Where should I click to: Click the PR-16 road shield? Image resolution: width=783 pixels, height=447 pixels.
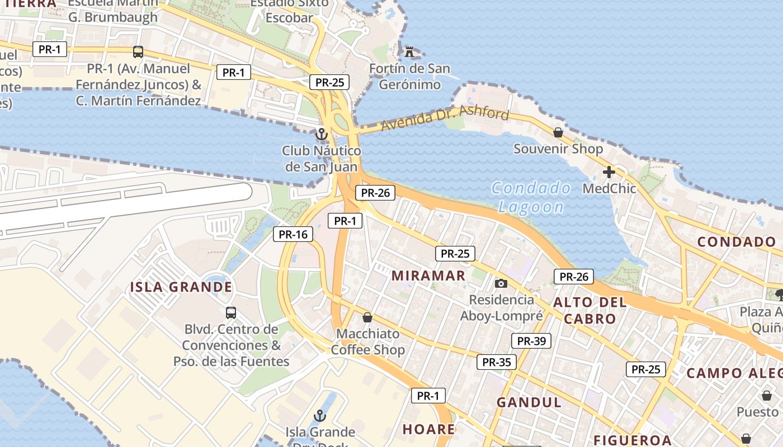[293, 235]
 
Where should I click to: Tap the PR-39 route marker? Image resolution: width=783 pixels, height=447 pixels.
[531, 341]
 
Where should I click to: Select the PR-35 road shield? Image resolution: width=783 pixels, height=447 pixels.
[497, 362]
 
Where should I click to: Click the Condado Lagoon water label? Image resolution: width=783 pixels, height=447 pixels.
[531, 197]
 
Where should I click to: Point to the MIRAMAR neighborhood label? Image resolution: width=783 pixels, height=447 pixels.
[428, 275]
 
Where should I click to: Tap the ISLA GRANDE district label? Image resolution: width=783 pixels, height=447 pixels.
[181, 287]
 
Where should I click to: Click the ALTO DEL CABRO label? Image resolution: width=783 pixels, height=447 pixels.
[589, 311]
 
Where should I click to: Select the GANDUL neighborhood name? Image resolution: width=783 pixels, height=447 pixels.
[529, 402]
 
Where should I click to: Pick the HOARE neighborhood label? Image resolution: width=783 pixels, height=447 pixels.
[429, 429]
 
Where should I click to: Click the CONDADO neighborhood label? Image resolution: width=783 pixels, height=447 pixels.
[737, 242]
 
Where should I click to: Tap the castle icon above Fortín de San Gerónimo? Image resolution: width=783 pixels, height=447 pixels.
[410, 53]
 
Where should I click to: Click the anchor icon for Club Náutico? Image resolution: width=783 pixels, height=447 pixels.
[321, 134]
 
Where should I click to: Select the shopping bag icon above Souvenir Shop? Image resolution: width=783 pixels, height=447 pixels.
[558, 132]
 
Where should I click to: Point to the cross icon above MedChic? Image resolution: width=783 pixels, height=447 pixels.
[609, 172]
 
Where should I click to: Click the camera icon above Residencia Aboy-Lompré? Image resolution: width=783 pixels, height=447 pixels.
[501, 283]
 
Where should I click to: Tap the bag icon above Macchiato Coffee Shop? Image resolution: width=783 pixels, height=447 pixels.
[367, 317]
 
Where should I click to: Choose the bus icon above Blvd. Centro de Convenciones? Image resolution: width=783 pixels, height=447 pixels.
[230, 312]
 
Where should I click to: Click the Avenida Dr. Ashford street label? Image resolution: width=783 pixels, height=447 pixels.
[445, 118]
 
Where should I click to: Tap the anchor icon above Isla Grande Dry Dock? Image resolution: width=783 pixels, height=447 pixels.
[320, 416]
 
